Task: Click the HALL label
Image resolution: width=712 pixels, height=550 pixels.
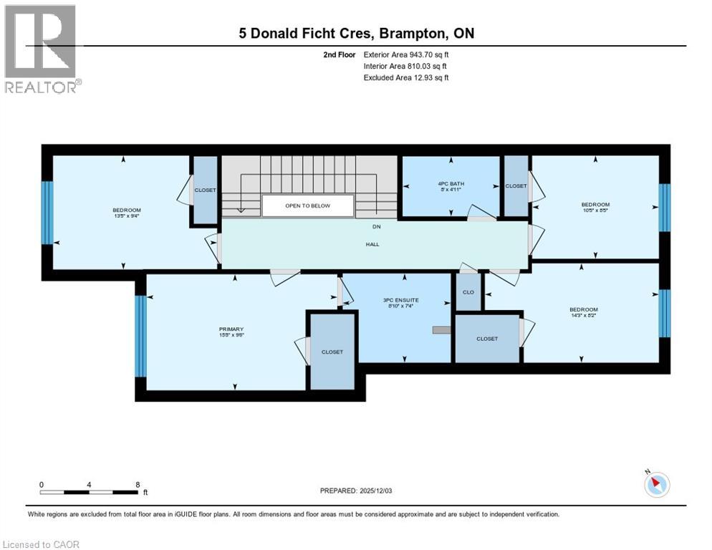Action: (x=372, y=244)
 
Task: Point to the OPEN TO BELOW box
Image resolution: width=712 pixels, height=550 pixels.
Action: (x=307, y=206)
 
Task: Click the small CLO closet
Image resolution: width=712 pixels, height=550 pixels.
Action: (x=468, y=292)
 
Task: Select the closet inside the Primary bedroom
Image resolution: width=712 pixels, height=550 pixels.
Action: (x=332, y=352)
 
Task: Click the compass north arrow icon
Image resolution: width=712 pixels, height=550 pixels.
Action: (x=655, y=485)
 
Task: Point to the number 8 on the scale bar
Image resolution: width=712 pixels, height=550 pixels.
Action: (x=137, y=484)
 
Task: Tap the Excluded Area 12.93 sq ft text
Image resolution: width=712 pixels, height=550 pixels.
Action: (x=406, y=77)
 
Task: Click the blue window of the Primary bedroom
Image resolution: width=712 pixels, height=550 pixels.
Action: (x=141, y=336)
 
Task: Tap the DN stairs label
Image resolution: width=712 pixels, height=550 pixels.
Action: (x=375, y=227)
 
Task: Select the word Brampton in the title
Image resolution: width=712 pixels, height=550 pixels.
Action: (x=410, y=34)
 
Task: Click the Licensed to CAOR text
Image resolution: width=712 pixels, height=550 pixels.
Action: (x=42, y=544)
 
